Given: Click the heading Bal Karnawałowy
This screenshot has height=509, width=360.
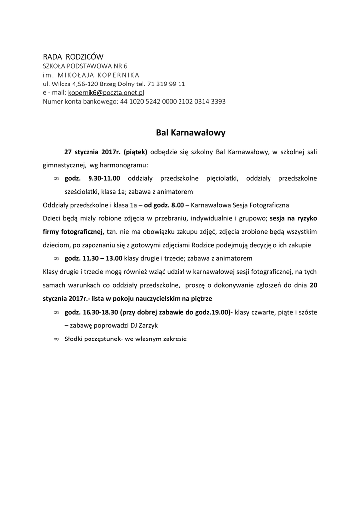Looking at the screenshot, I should [191, 133].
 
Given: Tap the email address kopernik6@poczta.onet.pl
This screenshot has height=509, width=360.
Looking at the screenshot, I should [106, 92].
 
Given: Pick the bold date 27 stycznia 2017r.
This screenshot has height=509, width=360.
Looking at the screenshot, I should [92, 151].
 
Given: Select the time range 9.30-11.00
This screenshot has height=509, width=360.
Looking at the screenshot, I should [104, 178].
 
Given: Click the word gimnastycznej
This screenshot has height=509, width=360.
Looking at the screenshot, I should [63, 165].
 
